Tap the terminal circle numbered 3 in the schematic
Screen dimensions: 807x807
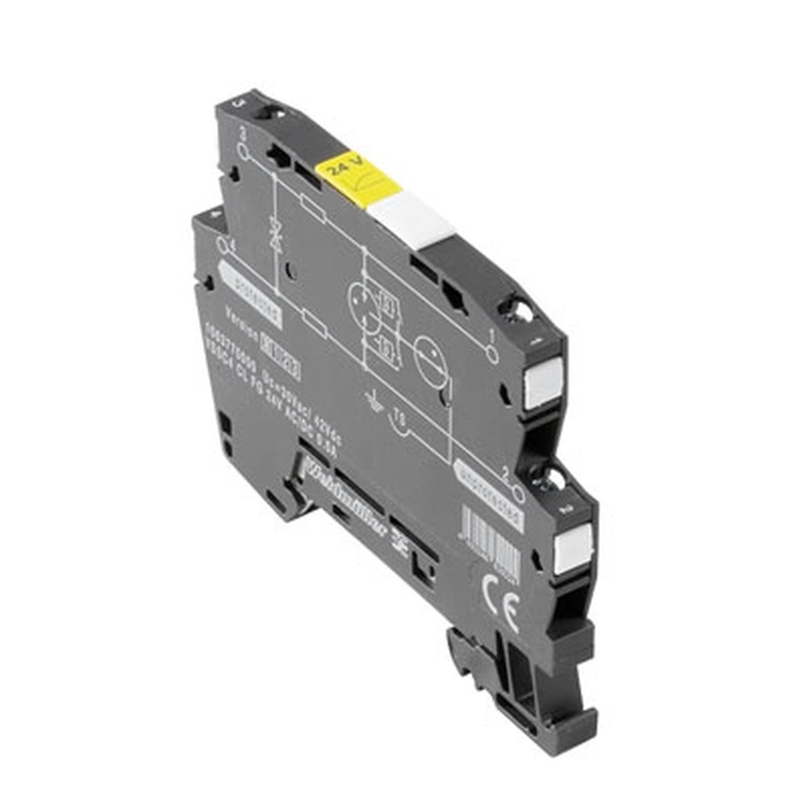(x=244, y=150)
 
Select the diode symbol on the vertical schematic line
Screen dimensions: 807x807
(x=275, y=235)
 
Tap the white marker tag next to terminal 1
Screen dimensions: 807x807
(x=542, y=384)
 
